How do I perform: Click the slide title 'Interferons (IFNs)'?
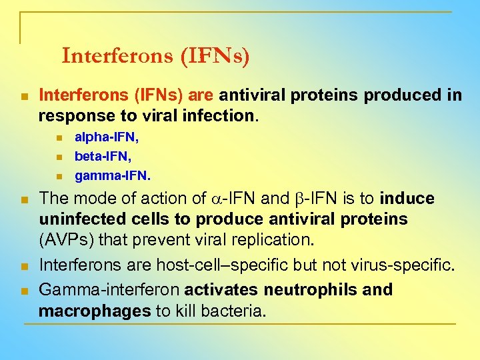point(155,56)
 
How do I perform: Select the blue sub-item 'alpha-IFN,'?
point(107,138)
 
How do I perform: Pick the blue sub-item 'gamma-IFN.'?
point(113,176)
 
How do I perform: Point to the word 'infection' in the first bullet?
point(218,115)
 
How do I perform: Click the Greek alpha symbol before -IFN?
point(215,199)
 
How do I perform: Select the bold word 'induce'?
point(406,199)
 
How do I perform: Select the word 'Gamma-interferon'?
point(109,290)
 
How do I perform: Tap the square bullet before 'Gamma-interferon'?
point(23,291)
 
